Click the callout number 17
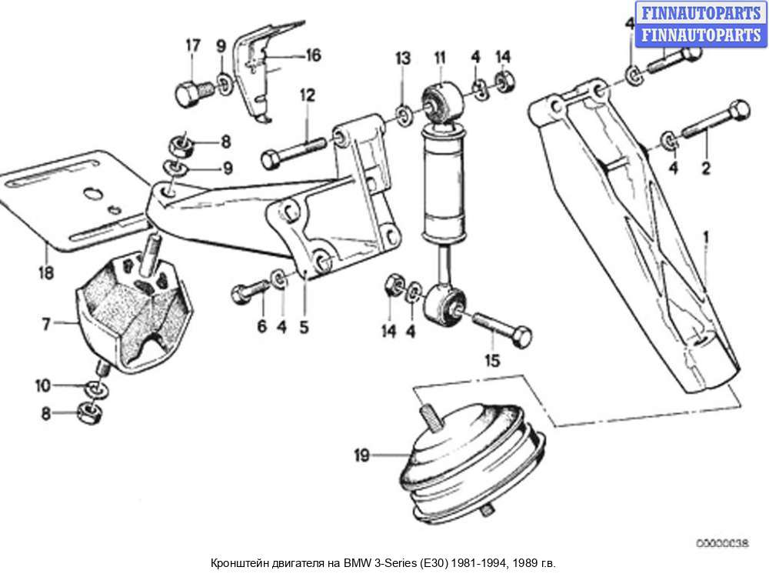point(192,45)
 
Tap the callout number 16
point(312,55)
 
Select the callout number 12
point(308,95)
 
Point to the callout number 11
point(440,57)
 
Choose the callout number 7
point(46,325)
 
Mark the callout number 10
point(45,384)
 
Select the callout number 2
point(705,164)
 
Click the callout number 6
point(261,327)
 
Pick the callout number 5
point(304,327)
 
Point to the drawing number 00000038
point(721,543)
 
